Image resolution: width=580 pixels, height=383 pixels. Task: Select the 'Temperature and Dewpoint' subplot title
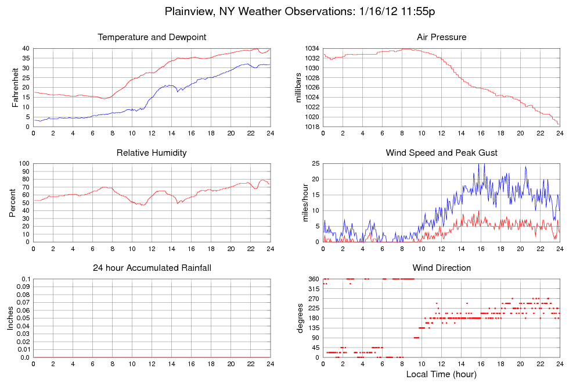point(152,38)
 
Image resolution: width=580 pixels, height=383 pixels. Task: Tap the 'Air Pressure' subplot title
point(441,38)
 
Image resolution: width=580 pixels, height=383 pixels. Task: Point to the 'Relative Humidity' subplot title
point(152,153)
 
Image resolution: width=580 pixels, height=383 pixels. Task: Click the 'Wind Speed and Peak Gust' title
point(441,153)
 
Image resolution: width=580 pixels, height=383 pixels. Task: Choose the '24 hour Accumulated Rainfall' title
point(152,268)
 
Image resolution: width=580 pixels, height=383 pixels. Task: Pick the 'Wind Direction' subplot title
point(441,268)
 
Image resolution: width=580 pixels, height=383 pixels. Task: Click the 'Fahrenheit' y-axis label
point(15,87)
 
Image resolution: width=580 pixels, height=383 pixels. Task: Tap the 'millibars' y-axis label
point(300,87)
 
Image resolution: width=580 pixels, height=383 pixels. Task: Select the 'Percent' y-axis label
point(13,202)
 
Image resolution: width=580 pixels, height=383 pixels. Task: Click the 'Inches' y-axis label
point(10,318)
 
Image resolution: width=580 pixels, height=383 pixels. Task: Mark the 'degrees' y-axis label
point(300,318)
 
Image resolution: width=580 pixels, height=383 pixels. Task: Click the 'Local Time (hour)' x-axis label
point(441,374)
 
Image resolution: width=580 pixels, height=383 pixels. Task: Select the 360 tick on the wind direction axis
point(314,280)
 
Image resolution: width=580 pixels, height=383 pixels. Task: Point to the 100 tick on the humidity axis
point(24,164)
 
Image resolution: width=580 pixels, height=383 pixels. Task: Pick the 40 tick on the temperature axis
point(26,49)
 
